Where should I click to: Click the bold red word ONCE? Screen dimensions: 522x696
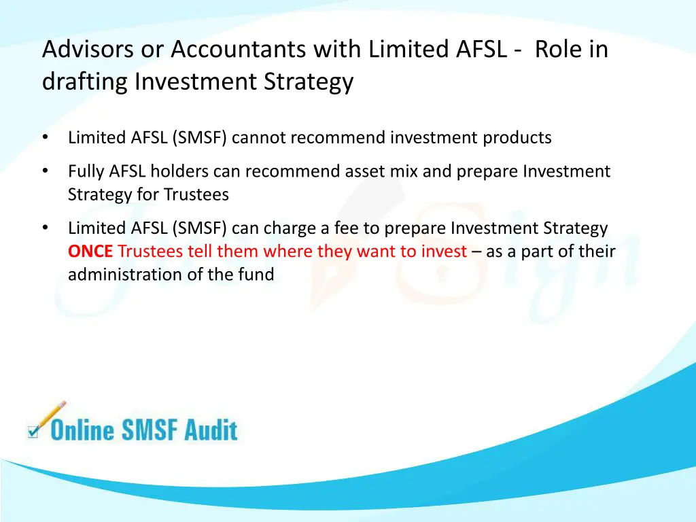click(x=90, y=251)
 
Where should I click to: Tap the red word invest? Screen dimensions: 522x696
click(x=443, y=251)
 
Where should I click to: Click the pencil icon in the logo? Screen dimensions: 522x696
click(x=49, y=416)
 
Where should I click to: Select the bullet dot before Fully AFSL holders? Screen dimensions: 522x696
click(x=46, y=171)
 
